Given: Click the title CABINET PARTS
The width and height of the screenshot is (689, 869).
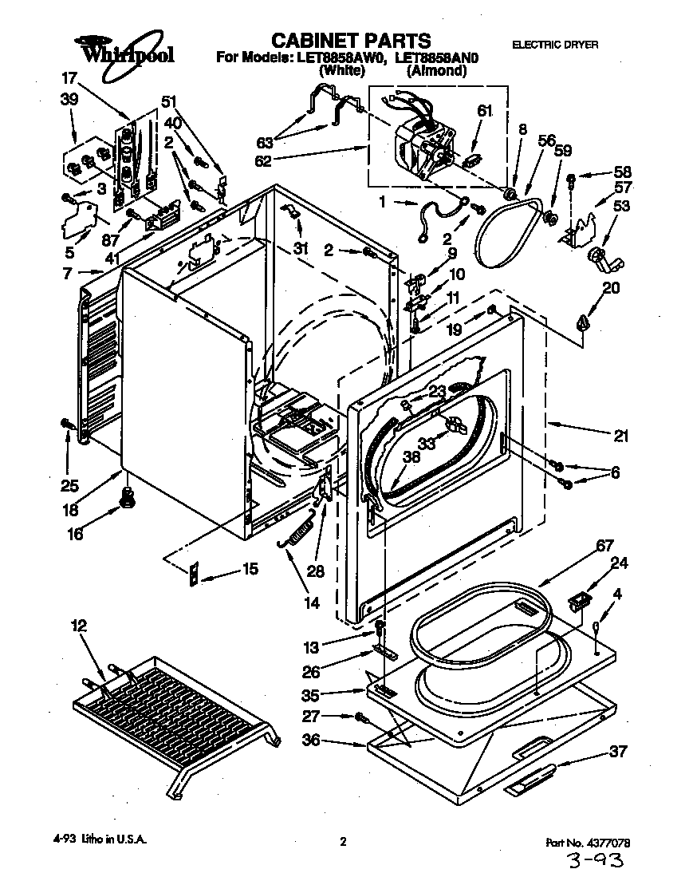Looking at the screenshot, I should click(351, 40).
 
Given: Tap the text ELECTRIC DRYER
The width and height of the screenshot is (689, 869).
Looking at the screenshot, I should click(554, 45).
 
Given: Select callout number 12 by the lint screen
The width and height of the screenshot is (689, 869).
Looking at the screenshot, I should click(78, 626).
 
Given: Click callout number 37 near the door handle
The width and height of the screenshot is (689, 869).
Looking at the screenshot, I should click(617, 751).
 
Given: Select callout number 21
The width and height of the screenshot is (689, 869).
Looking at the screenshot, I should click(620, 436).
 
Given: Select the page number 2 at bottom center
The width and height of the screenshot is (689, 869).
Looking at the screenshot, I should click(343, 841).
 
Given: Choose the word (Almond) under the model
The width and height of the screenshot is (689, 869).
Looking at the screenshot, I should click(436, 70).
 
